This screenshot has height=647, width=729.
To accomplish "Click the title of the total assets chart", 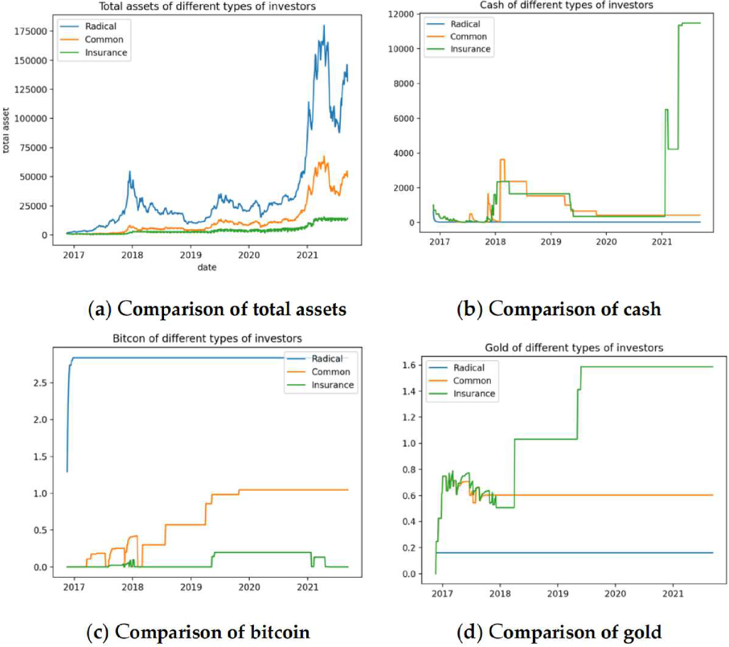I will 207,7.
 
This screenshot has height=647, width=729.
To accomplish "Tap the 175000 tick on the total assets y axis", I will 30,31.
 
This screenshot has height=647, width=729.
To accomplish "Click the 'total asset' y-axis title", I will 6,131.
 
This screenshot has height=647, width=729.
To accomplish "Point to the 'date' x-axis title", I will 207,267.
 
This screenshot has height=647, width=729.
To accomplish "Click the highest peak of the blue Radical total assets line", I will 324,26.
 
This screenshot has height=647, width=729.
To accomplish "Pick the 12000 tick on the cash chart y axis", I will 401,14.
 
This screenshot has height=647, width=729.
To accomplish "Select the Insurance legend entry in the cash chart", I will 470,49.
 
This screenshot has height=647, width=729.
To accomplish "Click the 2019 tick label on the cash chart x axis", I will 550,242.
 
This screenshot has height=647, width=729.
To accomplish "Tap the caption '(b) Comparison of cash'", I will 558,309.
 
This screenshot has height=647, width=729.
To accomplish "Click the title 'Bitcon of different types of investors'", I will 207,338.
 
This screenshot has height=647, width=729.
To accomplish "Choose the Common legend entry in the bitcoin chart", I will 330,372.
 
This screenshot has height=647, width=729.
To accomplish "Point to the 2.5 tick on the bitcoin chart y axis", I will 39,383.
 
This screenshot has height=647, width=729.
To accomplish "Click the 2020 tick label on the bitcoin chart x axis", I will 249,587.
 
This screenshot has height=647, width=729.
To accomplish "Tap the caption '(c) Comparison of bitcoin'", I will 198,632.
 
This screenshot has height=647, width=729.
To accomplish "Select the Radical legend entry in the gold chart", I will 468,368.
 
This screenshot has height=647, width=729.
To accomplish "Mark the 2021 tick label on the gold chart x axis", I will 673,594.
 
